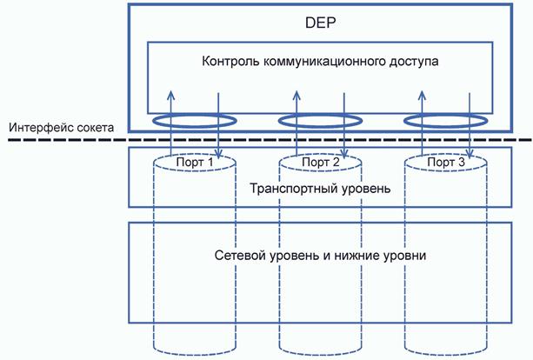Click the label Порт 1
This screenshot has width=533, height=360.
point(195,163)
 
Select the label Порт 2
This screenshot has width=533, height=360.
point(322,163)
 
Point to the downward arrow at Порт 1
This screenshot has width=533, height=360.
point(218,130)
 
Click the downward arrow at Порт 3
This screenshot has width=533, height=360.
point(471,130)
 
